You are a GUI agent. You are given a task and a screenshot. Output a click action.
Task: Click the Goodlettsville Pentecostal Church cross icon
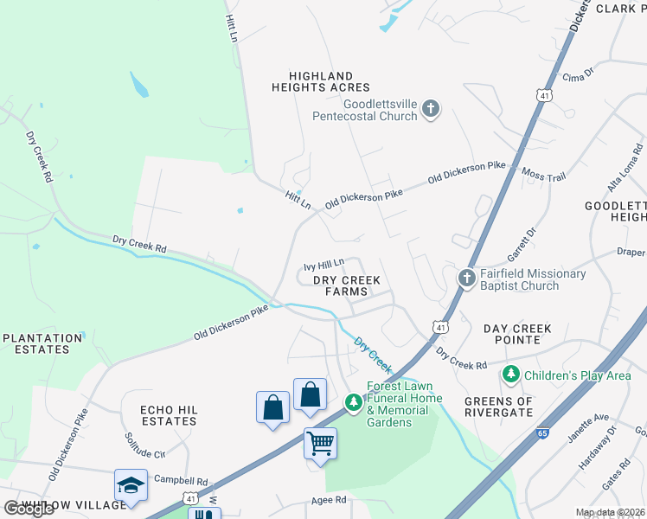[431, 109]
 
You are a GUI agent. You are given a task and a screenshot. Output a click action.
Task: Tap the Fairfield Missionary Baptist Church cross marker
[466, 279]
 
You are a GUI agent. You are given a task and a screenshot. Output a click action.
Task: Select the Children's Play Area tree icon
[511, 375]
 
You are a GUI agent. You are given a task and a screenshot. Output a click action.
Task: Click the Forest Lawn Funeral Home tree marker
[354, 401]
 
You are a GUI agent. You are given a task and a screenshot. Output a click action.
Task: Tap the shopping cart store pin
[320, 444]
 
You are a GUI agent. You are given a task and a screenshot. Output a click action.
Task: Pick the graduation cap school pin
[131, 485]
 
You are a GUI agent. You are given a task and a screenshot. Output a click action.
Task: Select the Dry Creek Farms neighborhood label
[346, 286]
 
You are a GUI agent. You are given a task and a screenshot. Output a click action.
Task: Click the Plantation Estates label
[42, 343]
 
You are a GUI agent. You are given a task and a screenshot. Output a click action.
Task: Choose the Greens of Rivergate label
[510, 406]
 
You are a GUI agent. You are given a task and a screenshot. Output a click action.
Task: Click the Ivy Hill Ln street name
[324, 263]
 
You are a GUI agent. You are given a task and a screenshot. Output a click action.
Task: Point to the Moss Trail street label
[544, 176]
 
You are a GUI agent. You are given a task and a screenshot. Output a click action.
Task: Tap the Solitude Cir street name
[144, 446]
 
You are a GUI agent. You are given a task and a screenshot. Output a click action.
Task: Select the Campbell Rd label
[181, 480]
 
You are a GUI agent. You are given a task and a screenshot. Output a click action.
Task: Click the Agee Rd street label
[329, 500]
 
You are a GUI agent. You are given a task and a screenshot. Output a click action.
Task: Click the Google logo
[29, 508]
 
